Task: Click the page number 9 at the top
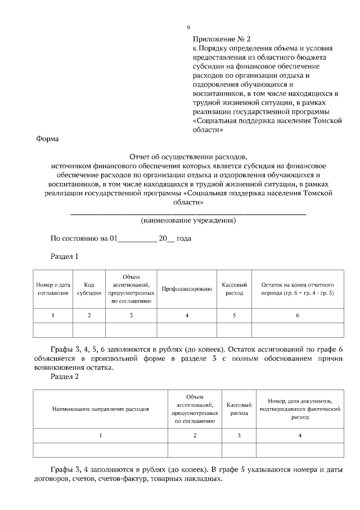click(188, 28)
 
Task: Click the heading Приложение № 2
click(221, 39)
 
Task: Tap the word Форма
click(47, 139)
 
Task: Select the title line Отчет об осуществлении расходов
click(188, 157)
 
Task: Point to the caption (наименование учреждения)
click(188, 221)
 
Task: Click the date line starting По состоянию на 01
click(121, 239)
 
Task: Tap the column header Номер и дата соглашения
click(53, 289)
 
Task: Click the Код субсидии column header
click(89, 289)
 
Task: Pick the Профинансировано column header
click(187, 289)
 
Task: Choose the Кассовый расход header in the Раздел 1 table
click(234, 289)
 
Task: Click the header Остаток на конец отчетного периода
click(298, 289)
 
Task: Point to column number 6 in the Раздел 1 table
click(298, 316)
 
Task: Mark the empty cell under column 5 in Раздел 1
click(234, 330)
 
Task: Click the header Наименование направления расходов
click(101, 409)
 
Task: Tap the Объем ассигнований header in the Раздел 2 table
click(195, 409)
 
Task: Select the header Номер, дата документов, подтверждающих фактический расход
click(299, 409)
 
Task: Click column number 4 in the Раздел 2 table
click(299, 435)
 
